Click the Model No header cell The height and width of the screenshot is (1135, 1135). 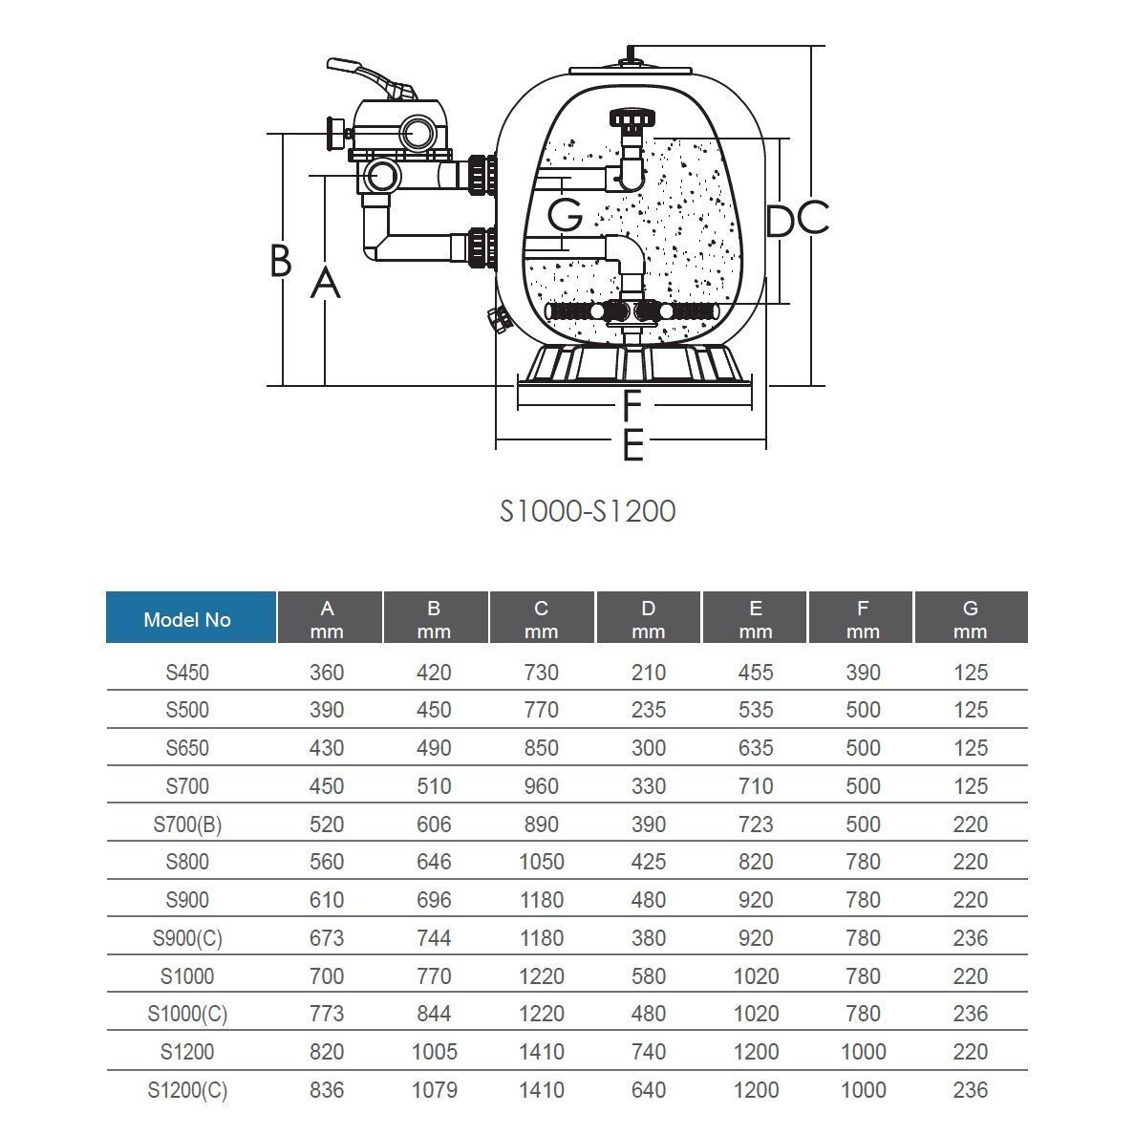(x=187, y=619)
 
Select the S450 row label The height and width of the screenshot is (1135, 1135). (x=187, y=673)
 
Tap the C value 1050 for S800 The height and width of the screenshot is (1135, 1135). (x=541, y=862)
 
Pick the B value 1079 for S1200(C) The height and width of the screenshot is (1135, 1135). (x=434, y=1090)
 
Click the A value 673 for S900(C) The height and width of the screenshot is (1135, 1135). (x=327, y=938)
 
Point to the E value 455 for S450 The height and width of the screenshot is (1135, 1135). (x=756, y=673)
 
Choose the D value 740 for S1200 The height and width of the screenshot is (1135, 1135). (x=649, y=1052)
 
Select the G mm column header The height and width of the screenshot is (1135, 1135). (x=970, y=618)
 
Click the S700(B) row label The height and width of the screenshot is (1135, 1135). (x=187, y=824)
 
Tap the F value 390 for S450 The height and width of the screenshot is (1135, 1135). (x=863, y=673)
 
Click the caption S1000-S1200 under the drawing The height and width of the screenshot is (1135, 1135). (x=588, y=511)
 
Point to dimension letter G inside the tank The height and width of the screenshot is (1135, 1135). (x=566, y=215)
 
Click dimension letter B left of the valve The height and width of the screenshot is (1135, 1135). (x=280, y=260)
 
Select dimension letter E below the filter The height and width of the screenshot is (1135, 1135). (x=632, y=445)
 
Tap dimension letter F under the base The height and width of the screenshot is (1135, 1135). (x=632, y=406)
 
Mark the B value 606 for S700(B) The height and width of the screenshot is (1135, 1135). (x=434, y=824)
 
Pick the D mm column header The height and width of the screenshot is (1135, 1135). (x=649, y=618)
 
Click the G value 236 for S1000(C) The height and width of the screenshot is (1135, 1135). (x=970, y=1014)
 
